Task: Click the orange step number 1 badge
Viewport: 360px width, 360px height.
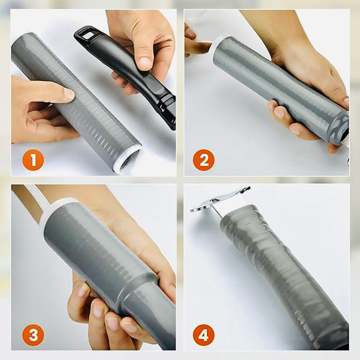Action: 33,160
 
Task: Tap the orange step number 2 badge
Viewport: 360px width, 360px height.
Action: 204,160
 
